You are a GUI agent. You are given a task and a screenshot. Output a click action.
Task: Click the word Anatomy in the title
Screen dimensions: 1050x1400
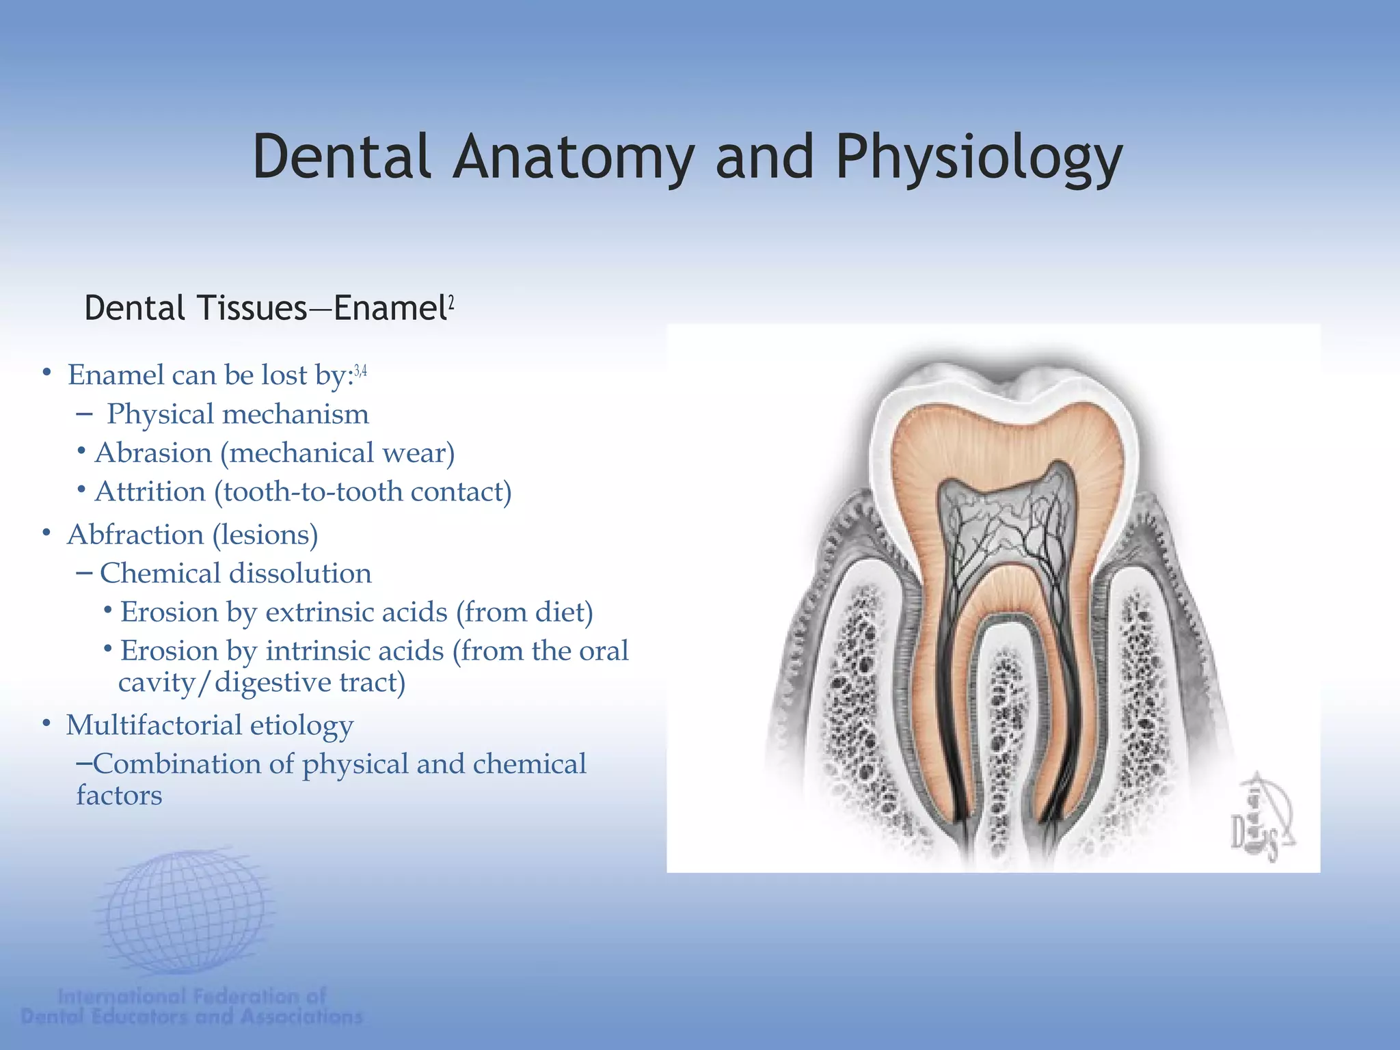[x=573, y=157]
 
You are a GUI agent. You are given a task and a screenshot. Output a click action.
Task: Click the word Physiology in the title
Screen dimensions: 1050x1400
[x=979, y=159]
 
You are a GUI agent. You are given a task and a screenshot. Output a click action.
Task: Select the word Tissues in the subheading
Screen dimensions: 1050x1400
[x=252, y=308]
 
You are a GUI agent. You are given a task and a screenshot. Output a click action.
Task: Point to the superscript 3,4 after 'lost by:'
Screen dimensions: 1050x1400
[x=360, y=371]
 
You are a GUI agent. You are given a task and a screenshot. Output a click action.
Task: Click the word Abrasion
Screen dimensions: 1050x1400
[x=154, y=453]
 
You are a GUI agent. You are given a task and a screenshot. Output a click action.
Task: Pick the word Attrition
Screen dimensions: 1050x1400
[x=150, y=492]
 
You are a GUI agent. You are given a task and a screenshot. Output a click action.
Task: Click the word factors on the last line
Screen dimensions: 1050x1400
[x=119, y=796]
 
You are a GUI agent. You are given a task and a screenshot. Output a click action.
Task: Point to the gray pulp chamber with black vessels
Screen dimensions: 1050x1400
[x=1005, y=526]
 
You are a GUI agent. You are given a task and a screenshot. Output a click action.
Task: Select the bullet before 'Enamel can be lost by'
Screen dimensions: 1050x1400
[x=46, y=373]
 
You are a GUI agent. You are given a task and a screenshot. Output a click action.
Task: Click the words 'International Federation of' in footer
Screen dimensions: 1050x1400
[x=192, y=996]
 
